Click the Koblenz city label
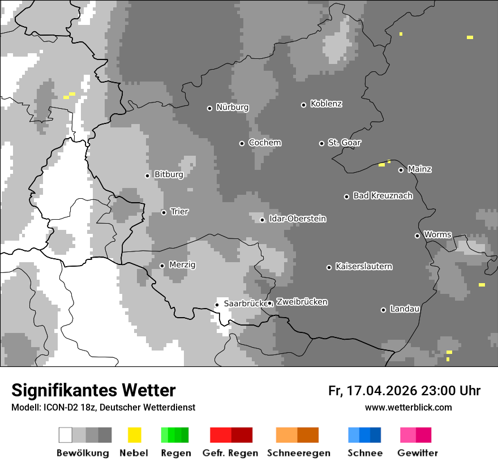click(326, 104)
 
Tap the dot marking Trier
click(164, 212)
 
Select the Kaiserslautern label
click(363, 267)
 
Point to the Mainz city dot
click(401, 170)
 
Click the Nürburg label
click(232, 108)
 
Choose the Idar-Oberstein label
click(298, 219)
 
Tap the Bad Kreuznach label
click(383, 196)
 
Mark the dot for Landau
click(383, 310)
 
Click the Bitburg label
click(169, 175)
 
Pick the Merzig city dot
click(162, 266)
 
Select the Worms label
click(437, 235)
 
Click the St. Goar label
click(344, 143)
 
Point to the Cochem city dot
click(242, 143)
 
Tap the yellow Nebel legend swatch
click(135, 435)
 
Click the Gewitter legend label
click(417, 453)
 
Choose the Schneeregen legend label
click(298, 453)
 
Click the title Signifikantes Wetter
click(93, 390)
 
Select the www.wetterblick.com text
click(408, 407)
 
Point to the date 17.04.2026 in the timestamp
click(380, 391)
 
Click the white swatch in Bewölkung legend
click(66, 435)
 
